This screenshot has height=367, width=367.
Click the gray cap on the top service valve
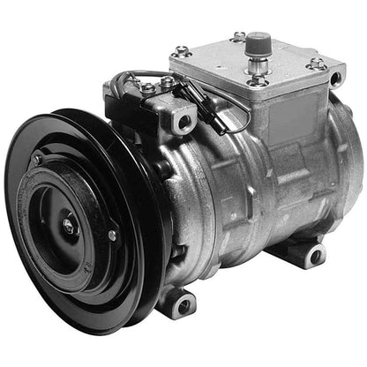tap(258, 41)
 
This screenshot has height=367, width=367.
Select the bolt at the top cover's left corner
tap(183, 51)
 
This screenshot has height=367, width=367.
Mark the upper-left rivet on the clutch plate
tap(36, 161)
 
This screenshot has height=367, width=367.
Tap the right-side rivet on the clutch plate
tap(112, 235)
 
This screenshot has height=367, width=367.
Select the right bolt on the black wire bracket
tap(169, 84)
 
